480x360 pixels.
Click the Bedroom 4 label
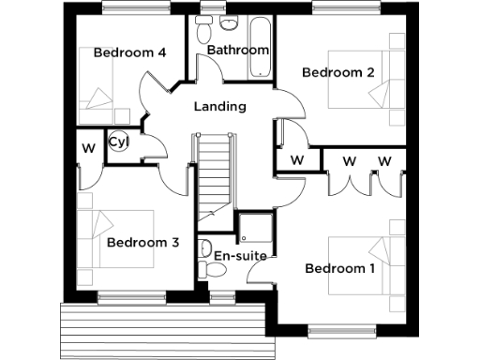point(129,52)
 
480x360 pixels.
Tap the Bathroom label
point(238,50)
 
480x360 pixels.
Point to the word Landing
point(219,106)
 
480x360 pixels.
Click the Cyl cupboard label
point(117,142)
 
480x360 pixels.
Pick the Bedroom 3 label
point(142,242)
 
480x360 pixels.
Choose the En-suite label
point(240,255)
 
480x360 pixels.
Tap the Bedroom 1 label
point(340,269)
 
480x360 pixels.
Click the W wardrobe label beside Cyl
point(88,148)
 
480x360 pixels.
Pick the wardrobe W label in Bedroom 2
point(297,160)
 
